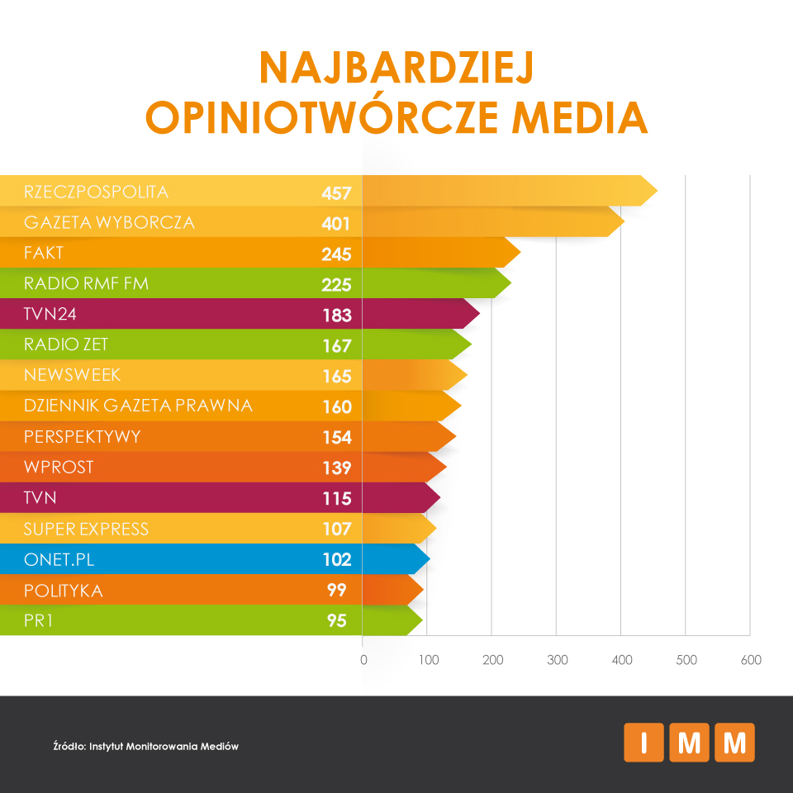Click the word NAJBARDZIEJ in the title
pos(396,68)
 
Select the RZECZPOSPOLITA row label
pos(97,192)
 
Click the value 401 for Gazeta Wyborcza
pos(336,224)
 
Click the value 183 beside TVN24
pos(336,315)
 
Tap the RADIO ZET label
pos(66,344)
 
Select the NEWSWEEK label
pos(73,375)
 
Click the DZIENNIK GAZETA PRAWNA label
pos(138,406)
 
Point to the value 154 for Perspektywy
pos(336,437)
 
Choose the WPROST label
pos(59,467)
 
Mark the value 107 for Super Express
pos(336,529)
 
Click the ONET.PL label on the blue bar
pos(59,559)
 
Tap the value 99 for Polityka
pos(336,591)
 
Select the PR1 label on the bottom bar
pos(40,620)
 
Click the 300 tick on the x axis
pos(558,660)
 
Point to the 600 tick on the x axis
pos(751,660)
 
